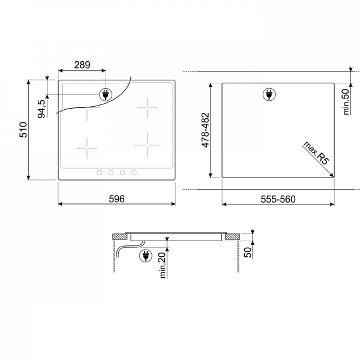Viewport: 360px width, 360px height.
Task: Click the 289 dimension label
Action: click(x=82, y=65)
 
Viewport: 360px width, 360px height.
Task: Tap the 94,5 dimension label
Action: click(x=41, y=109)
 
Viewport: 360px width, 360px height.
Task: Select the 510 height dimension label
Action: click(x=23, y=130)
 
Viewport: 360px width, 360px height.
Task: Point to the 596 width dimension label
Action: click(x=116, y=199)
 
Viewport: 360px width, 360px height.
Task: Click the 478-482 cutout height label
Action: click(x=205, y=130)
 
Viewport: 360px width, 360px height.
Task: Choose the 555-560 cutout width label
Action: click(x=278, y=199)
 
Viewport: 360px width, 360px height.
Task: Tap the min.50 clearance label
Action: click(x=346, y=102)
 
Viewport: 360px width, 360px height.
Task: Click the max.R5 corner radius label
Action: click(x=316, y=153)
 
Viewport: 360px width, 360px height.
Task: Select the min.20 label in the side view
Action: click(x=163, y=265)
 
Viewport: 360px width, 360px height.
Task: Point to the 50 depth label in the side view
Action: click(x=248, y=253)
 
